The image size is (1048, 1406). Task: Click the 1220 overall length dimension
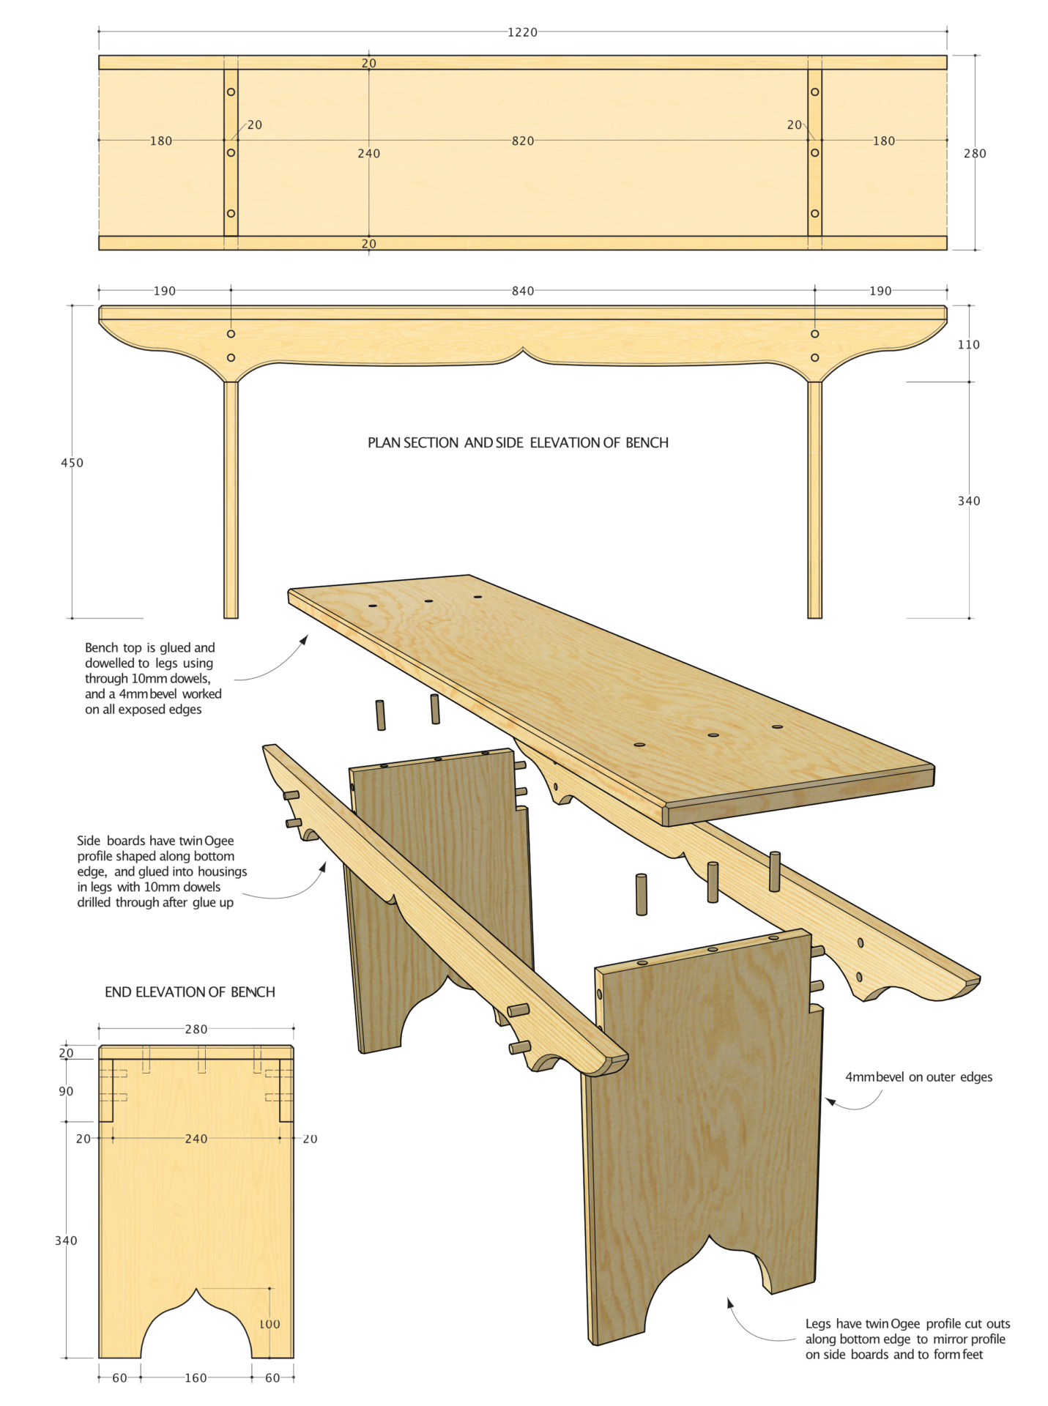(522, 32)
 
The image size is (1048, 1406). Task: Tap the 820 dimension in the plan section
(522, 141)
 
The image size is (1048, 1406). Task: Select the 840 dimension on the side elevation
(522, 291)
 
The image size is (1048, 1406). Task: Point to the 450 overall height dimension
(72, 463)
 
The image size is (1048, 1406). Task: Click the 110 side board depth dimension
(968, 344)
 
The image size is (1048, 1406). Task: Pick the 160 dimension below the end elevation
(196, 1377)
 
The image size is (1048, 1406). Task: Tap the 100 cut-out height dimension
(270, 1324)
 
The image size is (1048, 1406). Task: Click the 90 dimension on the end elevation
(66, 1091)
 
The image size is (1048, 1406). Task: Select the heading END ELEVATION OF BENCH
(190, 992)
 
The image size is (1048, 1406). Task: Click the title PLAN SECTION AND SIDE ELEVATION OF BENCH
(518, 443)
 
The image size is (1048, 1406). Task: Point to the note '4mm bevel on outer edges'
(918, 1077)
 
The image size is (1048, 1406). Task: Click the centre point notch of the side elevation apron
(523, 351)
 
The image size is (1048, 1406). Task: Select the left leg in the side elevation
(231, 498)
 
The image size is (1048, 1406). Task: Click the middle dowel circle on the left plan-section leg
(231, 153)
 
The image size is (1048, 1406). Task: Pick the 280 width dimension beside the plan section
(974, 153)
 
